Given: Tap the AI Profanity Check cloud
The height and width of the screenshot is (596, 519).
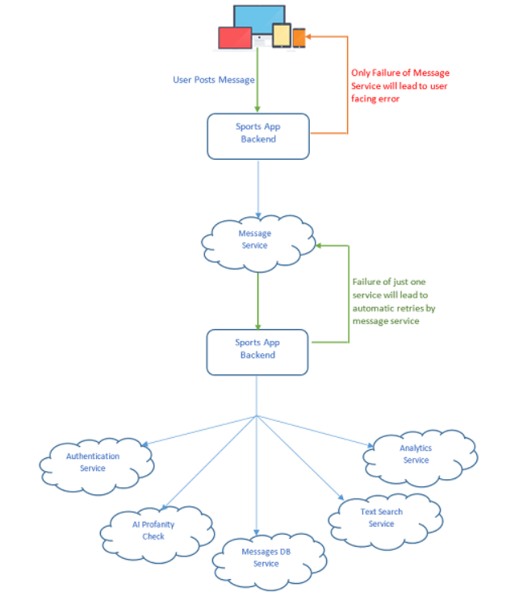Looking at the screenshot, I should tap(153, 530).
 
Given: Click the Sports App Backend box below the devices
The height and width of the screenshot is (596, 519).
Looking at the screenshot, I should tap(258, 135).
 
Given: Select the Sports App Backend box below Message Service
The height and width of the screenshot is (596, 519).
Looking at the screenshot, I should tap(258, 349).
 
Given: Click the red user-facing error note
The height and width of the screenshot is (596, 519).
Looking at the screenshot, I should tap(399, 86).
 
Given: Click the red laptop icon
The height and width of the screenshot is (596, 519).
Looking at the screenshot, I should tap(235, 37).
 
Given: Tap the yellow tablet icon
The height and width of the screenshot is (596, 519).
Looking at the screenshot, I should tap(281, 35).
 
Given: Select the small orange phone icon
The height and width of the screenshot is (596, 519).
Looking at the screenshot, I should tap(299, 37).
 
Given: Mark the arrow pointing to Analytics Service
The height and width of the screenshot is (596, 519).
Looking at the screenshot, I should tap(315, 431).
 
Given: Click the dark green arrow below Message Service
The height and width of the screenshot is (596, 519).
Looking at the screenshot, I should tap(257, 298).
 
